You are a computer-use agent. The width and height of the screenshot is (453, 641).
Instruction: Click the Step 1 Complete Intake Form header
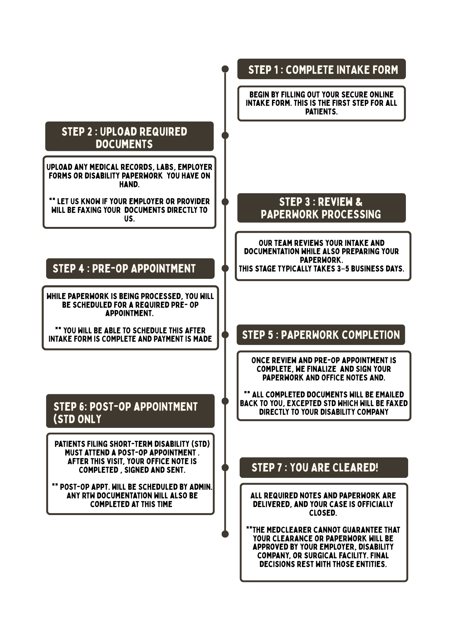tap(321, 69)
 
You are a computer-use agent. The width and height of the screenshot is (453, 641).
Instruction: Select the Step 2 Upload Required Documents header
tap(129, 137)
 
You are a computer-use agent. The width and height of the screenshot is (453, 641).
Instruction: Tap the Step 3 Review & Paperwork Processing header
tap(321, 208)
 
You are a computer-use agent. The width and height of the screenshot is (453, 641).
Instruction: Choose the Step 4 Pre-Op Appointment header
tap(130, 269)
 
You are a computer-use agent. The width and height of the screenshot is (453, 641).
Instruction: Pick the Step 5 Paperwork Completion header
tap(321, 335)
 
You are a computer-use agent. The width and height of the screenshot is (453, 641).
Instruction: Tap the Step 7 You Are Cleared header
tap(324, 468)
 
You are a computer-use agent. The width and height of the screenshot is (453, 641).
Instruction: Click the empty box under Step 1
tap(321, 104)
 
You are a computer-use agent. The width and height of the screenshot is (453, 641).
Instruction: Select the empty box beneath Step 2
tap(129, 192)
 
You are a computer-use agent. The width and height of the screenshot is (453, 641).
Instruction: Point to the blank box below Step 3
tap(323, 256)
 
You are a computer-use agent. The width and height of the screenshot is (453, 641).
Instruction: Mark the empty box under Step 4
tap(130, 318)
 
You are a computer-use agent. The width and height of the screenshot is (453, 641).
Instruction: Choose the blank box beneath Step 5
tap(324, 386)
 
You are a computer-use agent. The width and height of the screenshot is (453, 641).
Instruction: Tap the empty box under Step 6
tap(130, 474)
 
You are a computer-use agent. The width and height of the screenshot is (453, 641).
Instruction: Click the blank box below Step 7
tap(324, 532)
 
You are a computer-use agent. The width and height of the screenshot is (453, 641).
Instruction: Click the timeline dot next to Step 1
tap(225, 69)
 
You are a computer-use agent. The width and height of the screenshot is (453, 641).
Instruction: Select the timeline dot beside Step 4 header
tap(225, 268)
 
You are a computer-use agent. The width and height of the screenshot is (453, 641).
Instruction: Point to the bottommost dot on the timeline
tap(225, 534)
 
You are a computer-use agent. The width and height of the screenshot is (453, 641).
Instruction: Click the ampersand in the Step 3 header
tap(358, 202)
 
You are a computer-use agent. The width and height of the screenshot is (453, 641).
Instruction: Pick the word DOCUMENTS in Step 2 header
tap(124, 144)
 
